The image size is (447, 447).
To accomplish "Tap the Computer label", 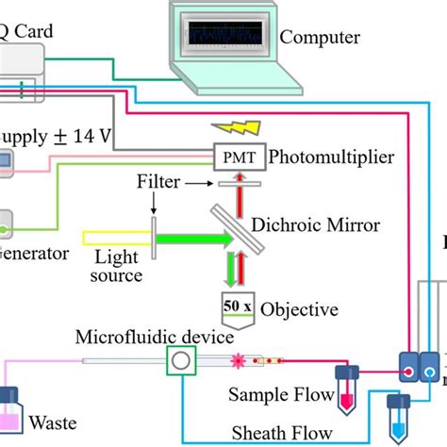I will (321, 38).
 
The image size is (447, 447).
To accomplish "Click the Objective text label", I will (301, 308).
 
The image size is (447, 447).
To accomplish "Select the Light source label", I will (118, 266).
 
